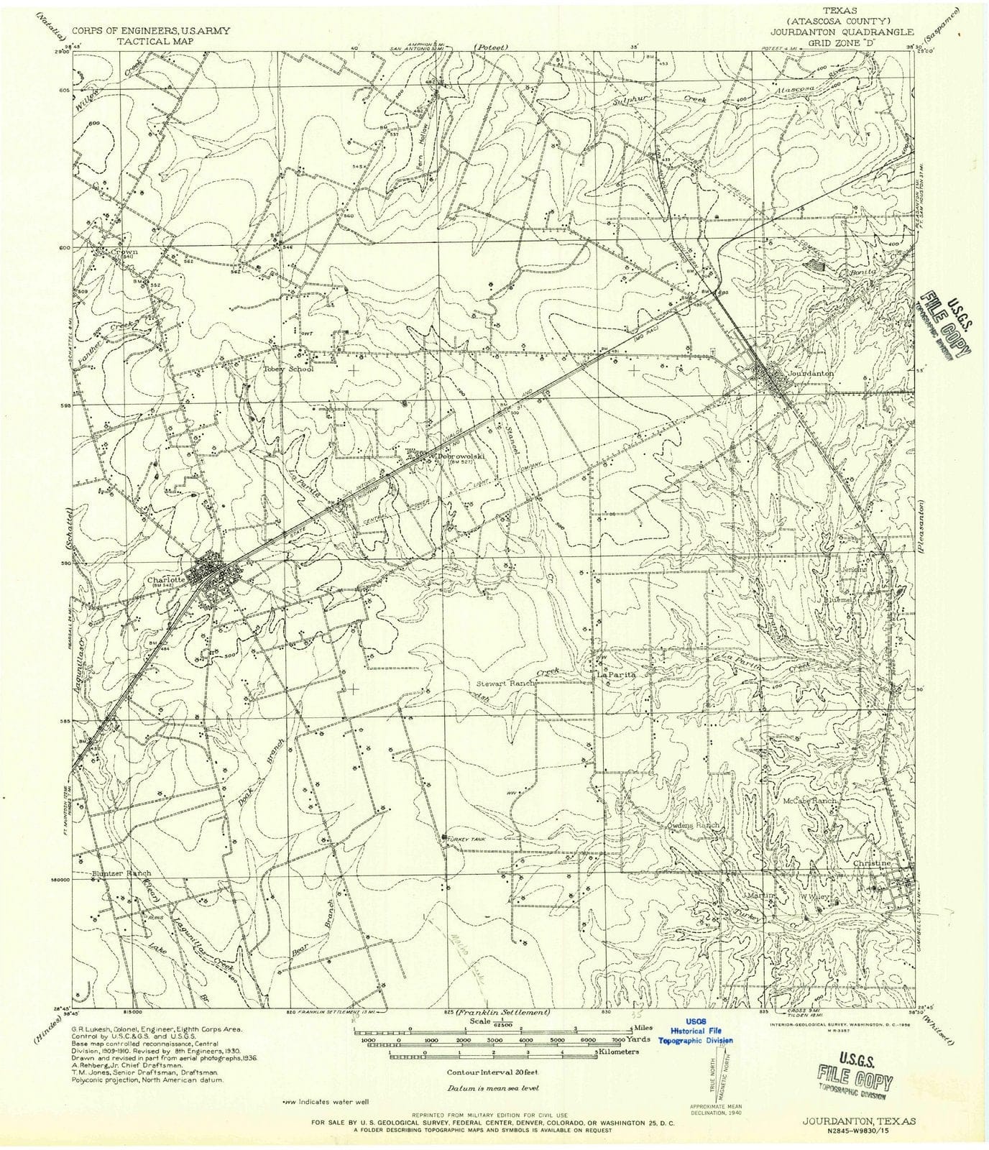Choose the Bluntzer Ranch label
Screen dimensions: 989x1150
point(121,874)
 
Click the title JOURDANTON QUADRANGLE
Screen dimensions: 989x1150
point(842,32)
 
